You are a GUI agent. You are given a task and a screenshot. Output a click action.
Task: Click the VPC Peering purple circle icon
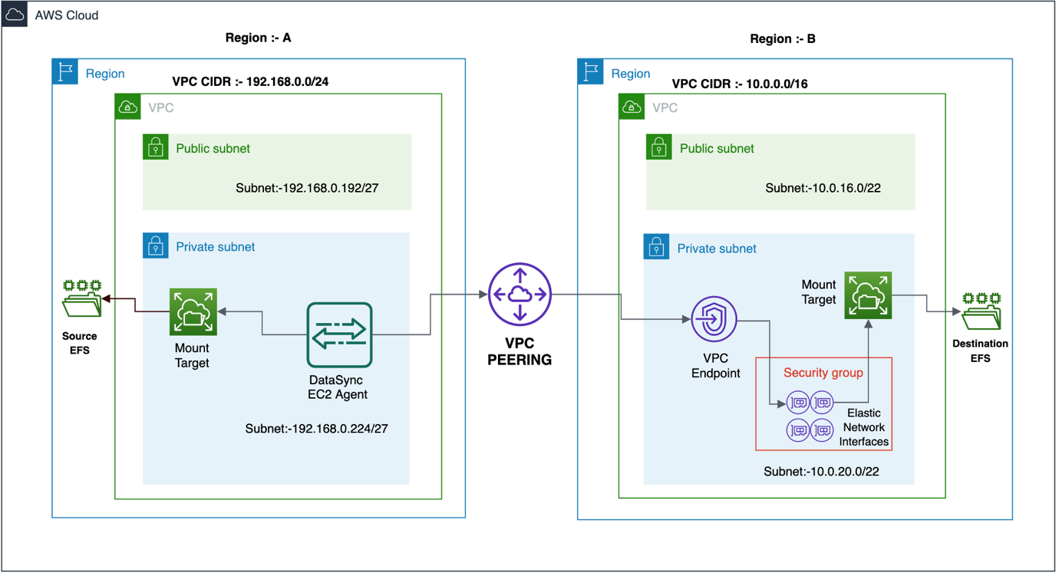pyautogui.click(x=520, y=295)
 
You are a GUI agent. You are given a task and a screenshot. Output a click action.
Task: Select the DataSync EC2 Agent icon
pyautogui.click(x=339, y=335)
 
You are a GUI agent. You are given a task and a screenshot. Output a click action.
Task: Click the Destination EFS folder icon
pyautogui.click(x=981, y=311)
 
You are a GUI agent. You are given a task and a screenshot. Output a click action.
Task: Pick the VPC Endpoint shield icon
pyautogui.click(x=714, y=319)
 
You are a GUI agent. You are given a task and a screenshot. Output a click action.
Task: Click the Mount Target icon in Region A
pyautogui.click(x=193, y=312)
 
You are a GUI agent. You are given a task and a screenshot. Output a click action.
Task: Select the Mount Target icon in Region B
pyautogui.click(x=868, y=295)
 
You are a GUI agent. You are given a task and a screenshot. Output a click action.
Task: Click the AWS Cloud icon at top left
pyautogui.click(x=15, y=15)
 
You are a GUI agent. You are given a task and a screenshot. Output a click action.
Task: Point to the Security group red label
pyautogui.click(x=823, y=373)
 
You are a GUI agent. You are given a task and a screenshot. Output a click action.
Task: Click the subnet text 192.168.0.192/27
pyautogui.click(x=307, y=188)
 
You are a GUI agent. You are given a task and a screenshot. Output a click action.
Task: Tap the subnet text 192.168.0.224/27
pyautogui.click(x=316, y=429)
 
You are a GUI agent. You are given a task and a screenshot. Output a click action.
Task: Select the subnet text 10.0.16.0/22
pyautogui.click(x=822, y=188)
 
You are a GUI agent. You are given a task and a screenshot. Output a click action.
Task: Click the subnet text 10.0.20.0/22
pyautogui.click(x=821, y=472)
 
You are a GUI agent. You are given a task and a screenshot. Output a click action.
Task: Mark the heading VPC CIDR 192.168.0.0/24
pyautogui.click(x=250, y=82)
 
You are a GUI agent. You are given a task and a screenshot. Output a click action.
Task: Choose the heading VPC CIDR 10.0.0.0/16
pyautogui.click(x=739, y=84)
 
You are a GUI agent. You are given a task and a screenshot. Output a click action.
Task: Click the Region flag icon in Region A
pyautogui.click(x=65, y=72)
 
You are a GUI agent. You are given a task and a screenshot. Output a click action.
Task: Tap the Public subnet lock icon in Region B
pyautogui.click(x=658, y=147)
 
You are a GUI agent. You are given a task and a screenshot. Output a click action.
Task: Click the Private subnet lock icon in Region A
pyautogui.click(x=156, y=246)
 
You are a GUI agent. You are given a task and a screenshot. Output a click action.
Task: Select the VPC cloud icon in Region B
pyautogui.click(x=632, y=107)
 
